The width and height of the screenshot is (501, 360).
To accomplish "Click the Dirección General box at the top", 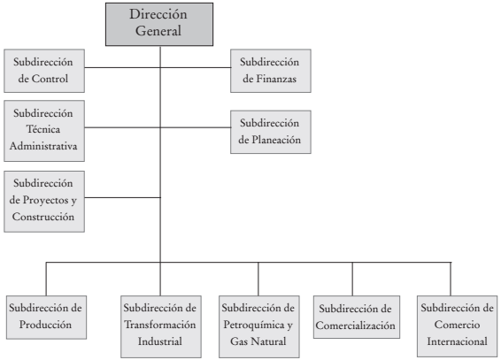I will coord(159,23).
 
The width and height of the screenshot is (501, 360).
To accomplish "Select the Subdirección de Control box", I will coord(44,72).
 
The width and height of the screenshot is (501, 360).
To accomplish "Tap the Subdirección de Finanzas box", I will coord(271,71).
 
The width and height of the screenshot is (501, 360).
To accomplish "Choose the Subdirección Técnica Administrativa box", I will coord(44,129).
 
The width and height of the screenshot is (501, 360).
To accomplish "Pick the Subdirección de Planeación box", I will coord(271,130).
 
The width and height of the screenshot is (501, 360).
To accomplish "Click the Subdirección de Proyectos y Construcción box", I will coord(44,200).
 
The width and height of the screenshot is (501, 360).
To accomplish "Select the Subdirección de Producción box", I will coord(45,316).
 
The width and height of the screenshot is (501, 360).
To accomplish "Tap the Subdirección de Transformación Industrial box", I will coord(160,324).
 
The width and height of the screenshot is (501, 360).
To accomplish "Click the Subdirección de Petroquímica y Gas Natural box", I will coord(258,324).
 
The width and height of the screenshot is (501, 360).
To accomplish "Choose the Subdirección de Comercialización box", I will coord(353,316).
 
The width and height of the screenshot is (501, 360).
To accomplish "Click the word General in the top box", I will coord(159,31).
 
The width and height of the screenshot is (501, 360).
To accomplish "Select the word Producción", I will coord(45,324).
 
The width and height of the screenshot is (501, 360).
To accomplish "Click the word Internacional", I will coord(454,341).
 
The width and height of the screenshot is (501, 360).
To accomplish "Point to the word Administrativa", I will coord(44,145).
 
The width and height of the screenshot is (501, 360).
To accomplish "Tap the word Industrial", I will coord(160,341).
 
